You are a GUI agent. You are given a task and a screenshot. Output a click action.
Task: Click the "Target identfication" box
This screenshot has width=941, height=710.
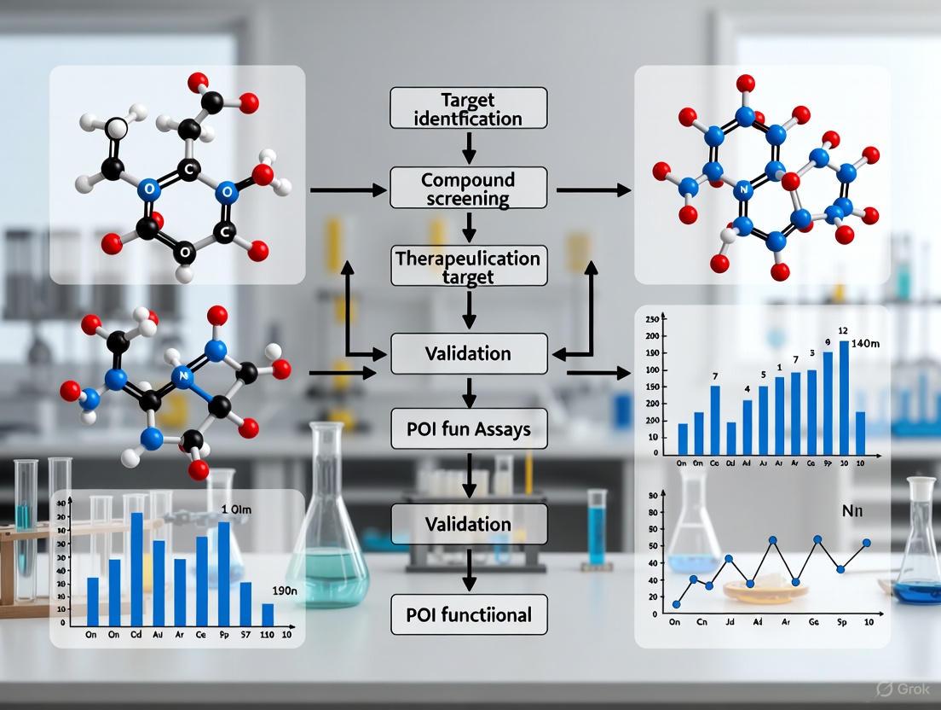pos(468,108)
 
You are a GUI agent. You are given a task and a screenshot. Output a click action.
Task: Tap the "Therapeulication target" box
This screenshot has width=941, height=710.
pos(468,265)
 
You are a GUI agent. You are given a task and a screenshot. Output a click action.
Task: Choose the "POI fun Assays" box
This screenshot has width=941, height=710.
pos(468,428)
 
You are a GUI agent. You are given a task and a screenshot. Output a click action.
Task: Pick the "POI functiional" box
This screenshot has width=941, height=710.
pos(468,614)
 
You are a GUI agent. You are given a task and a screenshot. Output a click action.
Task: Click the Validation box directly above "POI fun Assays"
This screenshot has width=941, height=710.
pos(468,353)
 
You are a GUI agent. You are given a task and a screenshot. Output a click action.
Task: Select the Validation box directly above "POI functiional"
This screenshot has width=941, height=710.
pos(468,523)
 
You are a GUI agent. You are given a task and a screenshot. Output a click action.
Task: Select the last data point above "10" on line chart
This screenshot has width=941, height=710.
pos(867,543)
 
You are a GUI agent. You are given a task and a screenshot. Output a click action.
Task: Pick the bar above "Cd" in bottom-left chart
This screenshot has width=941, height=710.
pos(136,569)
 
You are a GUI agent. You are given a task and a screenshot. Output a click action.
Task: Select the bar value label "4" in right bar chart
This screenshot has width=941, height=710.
pos(748,390)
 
